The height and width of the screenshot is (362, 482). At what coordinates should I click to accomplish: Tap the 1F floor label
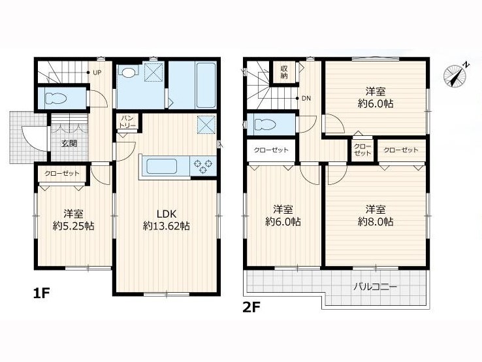[x=41, y=294]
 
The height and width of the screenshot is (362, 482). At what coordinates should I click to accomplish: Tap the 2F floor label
[x=251, y=307]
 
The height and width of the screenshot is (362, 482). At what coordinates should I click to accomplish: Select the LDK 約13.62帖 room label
[x=166, y=220]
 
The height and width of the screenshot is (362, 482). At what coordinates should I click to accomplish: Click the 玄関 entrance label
[x=69, y=144]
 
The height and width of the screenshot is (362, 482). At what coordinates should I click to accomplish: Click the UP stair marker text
[x=97, y=73]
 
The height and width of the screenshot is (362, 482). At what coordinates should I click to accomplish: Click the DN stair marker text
[x=306, y=99]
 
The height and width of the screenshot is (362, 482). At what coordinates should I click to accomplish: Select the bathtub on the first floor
[x=206, y=85]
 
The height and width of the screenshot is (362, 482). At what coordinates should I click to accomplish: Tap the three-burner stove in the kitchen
[x=203, y=166]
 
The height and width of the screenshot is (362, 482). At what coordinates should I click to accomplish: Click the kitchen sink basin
[x=161, y=167]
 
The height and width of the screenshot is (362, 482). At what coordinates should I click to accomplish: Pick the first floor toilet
[x=56, y=99]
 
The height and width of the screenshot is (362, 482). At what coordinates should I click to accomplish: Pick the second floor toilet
[x=266, y=124]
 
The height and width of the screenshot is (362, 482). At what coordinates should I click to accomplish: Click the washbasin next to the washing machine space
[x=129, y=73]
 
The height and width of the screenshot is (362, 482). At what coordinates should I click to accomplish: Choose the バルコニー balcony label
[x=375, y=288]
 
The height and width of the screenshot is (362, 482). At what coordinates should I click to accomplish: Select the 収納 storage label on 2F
[x=283, y=73]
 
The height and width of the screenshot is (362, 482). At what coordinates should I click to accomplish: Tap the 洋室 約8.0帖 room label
[x=376, y=215]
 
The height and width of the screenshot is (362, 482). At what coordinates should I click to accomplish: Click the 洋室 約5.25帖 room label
[x=73, y=220]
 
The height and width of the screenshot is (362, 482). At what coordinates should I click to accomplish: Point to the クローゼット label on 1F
[x=62, y=173]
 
